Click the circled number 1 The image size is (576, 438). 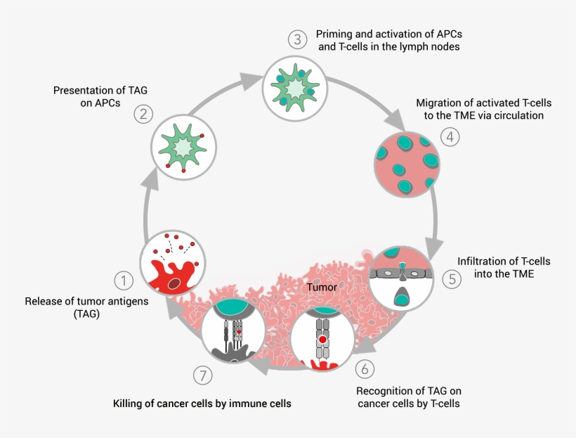click(x=124, y=282)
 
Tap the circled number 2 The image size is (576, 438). click(x=143, y=114)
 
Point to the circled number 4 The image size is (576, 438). click(x=450, y=136)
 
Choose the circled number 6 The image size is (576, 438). click(x=363, y=368)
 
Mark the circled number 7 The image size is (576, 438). click(x=203, y=376)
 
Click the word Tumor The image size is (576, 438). click(x=322, y=288)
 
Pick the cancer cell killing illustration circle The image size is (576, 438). click(x=233, y=331)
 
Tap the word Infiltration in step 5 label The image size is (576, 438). click(x=484, y=262)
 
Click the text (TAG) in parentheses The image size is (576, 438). click(x=86, y=314)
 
